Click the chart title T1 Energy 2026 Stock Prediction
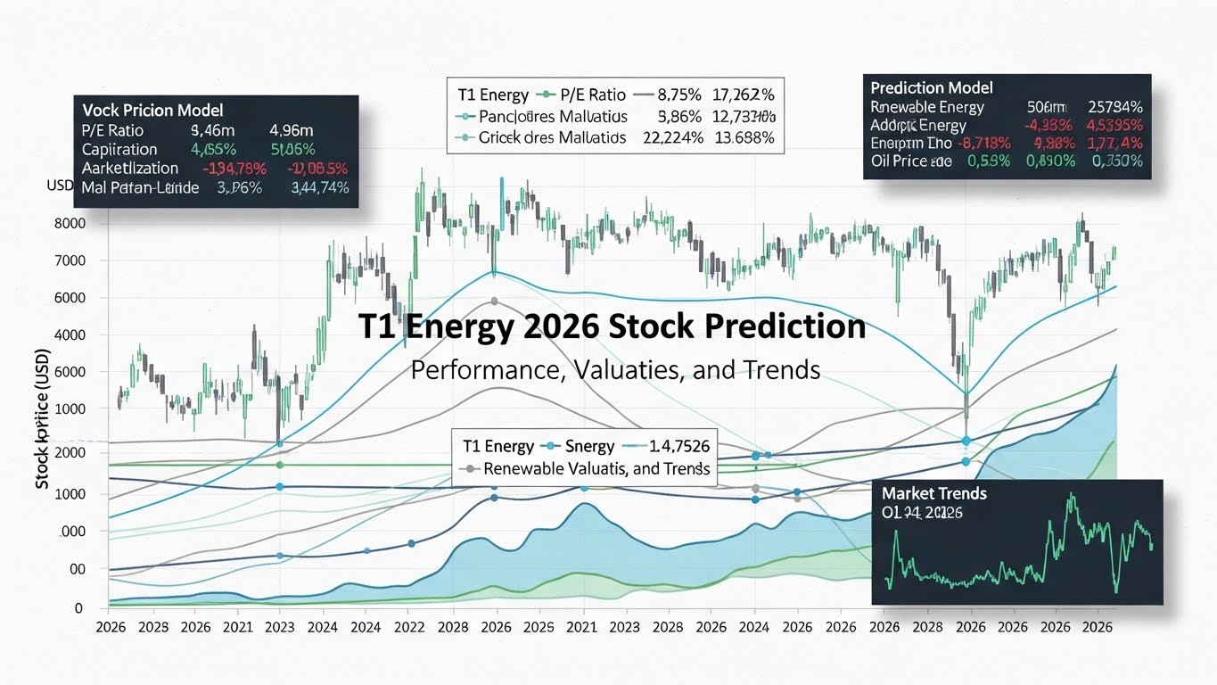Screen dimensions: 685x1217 point(611,326)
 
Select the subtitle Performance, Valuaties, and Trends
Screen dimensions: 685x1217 point(615,369)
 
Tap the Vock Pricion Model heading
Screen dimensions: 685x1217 point(152,110)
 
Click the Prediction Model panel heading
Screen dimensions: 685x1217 point(931,87)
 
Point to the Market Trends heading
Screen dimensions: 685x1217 point(933,493)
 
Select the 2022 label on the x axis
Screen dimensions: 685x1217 point(409,627)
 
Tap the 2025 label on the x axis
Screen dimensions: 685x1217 point(539,627)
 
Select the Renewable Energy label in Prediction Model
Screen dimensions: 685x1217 point(926,107)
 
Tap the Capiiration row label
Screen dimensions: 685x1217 point(119,149)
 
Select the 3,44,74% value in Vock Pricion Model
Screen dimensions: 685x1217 point(319,187)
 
